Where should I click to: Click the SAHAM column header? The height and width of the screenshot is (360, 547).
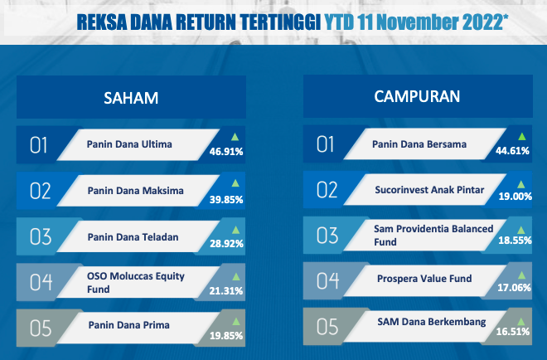pos(131,98)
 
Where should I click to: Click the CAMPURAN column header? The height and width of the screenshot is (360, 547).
pos(417,97)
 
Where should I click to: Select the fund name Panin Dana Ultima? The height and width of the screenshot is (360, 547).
pos(129,144)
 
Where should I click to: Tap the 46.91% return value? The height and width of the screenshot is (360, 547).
pos(226,152)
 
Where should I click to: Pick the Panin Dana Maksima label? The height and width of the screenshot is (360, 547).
pos(135,191)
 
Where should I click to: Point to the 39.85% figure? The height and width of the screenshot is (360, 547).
pos(226,199)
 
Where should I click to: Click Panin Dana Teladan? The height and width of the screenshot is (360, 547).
pos(133,237)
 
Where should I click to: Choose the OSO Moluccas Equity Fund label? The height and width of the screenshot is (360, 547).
pos(136,283)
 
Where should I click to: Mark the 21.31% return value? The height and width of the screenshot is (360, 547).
pos(226,291)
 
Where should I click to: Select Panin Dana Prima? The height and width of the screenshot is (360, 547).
pos(129,325)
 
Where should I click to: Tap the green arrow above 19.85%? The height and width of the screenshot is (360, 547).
pos(236,321)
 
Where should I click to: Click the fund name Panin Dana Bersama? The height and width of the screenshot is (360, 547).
pos(419,144)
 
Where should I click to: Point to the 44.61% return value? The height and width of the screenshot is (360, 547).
pos(512,151)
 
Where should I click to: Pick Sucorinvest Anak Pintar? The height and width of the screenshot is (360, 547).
pos(429,190)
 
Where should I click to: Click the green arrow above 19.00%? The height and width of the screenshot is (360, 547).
pos(521,184)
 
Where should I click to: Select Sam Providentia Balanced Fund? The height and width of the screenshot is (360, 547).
pos(433,236)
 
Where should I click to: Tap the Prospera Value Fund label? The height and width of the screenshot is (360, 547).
pos(424,278)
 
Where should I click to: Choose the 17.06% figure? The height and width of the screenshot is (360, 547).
pos(514,288)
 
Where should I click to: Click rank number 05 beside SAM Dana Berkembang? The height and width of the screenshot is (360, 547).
pos(327,327)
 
